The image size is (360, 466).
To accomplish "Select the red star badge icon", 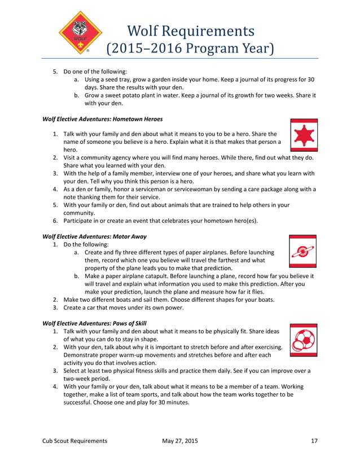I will (x=304, y=135).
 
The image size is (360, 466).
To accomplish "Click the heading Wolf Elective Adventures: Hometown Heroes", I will (x=103, y=119).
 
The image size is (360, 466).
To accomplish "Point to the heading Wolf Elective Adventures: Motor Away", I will (x=95, y=237).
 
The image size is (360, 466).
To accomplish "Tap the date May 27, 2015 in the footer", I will (x=179, y=441).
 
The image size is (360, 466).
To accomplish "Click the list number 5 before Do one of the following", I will (x=55, y=72).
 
